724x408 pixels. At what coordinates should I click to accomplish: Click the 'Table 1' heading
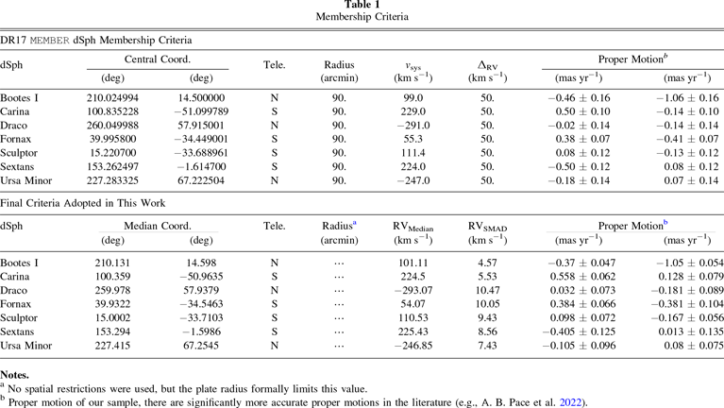point(362,6)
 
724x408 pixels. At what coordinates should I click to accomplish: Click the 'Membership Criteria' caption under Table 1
point(362,19)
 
